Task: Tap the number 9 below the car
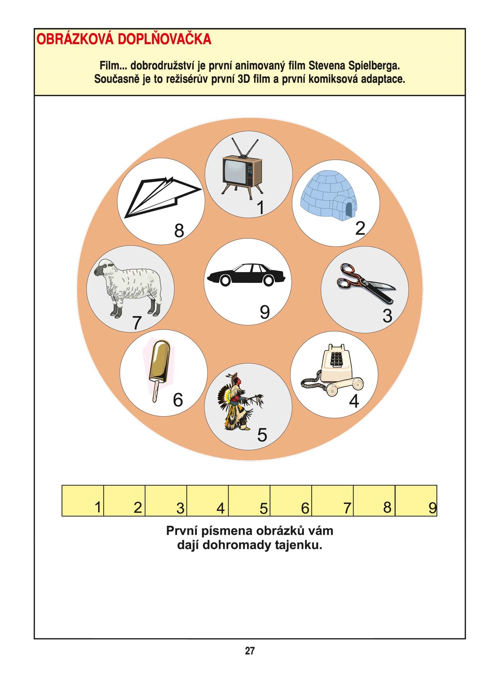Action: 265,312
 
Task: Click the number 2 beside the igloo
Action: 360,228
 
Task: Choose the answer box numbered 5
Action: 249,501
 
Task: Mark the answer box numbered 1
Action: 83,501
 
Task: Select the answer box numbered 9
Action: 416,501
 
